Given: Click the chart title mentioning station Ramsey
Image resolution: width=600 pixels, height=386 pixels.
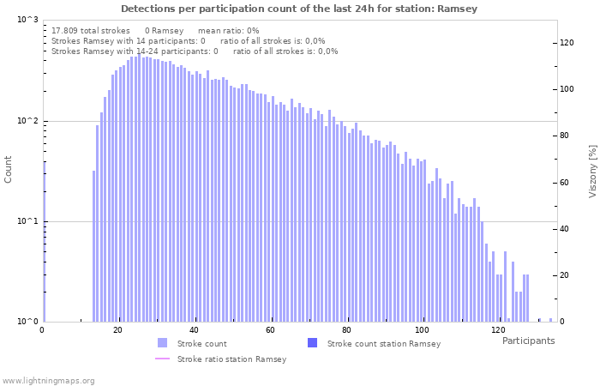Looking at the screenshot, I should [299, 9].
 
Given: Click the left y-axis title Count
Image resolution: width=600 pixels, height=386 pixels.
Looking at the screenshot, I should [9, 169].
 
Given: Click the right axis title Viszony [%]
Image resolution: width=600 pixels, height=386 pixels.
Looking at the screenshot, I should [591, 171].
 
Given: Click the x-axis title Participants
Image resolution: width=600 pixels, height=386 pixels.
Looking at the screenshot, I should [528, 341].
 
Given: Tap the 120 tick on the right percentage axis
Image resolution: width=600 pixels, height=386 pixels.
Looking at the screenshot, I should [567, 42].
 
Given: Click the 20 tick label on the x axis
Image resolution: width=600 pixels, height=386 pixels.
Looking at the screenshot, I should [117, 330].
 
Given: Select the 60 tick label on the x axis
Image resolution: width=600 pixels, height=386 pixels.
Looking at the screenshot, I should [270, 330].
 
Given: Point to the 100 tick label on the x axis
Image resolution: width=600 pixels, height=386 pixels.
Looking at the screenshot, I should [422, 330].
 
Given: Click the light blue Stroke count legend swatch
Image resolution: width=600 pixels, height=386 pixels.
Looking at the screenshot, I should [163, 343].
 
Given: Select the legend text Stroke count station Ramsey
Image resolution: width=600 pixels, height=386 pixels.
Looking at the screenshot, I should [384, 344].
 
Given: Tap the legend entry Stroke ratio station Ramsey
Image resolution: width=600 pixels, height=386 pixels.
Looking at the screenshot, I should [231, 359].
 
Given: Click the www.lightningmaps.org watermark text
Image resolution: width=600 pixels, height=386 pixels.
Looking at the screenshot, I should [49, 380].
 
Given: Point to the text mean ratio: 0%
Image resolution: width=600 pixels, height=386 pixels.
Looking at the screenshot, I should [228, 31].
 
